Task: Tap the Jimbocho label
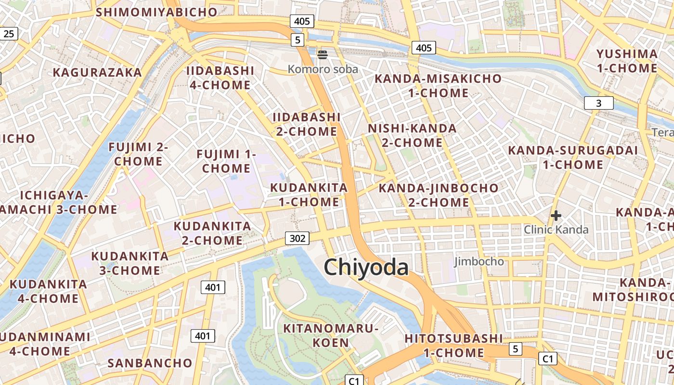479,262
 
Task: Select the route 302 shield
297,238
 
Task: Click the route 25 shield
9,33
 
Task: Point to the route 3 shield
598,103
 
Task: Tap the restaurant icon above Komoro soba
323,55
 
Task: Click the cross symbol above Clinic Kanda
556,216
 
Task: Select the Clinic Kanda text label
556,230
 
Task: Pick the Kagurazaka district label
97,73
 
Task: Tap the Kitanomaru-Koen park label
331,335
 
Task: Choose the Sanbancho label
150,363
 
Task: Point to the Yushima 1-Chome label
627,61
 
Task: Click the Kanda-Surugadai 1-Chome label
573,157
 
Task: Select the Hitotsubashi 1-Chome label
454,346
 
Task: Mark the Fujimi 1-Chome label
226,161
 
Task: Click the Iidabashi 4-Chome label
220,78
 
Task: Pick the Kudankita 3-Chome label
130,263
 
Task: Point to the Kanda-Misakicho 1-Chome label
438,86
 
